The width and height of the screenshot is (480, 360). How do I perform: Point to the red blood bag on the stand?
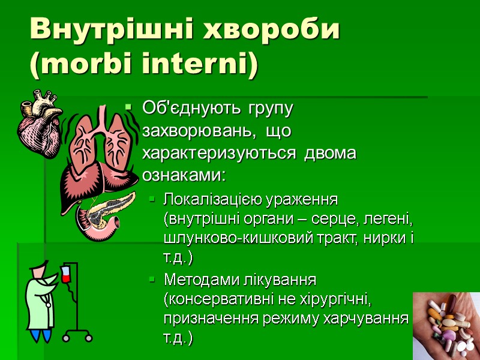(66, 275)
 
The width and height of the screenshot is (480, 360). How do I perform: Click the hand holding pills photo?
(446, 324)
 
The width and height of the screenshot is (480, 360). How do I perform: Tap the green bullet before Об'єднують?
(128, 109)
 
